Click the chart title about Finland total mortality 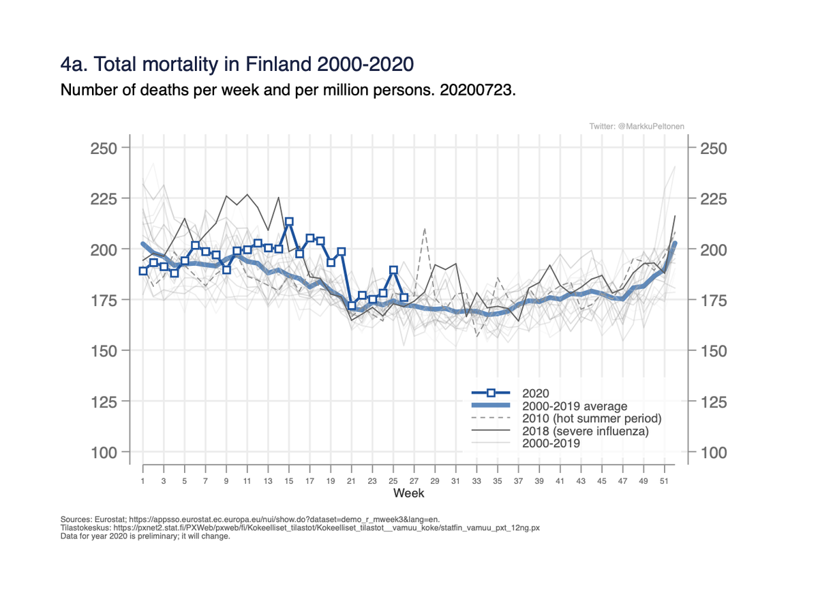(x=237, y=65)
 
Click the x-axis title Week (x=408, y=493)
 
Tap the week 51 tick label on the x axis (x=665, y=481)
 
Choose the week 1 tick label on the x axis (x=142, y=481)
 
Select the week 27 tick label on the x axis (x=414, y=481)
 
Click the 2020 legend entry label (x=534, y=393)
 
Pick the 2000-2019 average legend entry (x=574, y=406)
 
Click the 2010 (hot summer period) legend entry (x=592, y=418)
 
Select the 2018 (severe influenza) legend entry (x=585, y=431)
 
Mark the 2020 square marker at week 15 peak (x=289, y=222)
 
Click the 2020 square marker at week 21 (x=352, y=305)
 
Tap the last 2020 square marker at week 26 (x=404, y=297)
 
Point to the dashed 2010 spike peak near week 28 (x=425, y=229)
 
